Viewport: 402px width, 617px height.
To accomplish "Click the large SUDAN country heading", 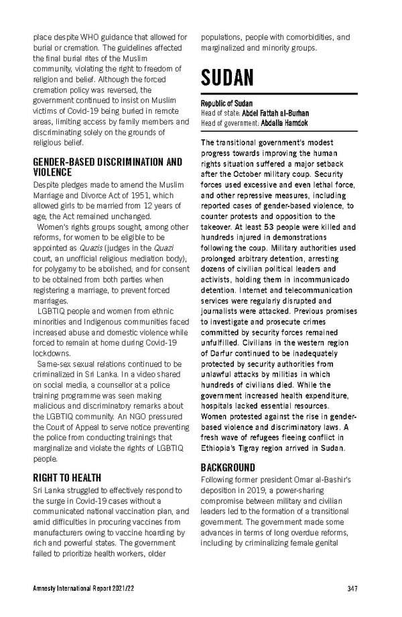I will [227, 78].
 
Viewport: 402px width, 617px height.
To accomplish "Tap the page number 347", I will [352, 589].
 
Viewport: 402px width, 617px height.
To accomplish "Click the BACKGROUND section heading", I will [228, 467].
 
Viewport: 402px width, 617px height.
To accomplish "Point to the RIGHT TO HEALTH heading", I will [67, 478].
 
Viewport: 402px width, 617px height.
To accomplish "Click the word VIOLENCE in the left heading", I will [53, 172].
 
